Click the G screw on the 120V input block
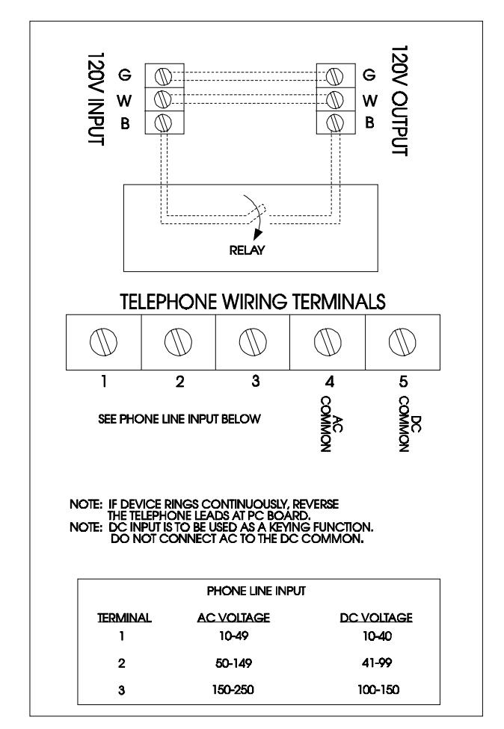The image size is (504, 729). (163, 75)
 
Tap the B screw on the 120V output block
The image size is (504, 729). (334, 123)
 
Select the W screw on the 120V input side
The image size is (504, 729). (163, 99)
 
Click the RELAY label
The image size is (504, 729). (247, 250)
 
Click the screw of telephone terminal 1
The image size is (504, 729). (103, 342)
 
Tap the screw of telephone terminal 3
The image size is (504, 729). (253, 342)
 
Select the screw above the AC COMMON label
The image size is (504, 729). (328, 342)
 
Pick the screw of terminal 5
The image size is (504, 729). (402, 342)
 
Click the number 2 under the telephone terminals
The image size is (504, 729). (179, 382)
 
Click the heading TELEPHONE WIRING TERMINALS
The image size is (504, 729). (253, 302)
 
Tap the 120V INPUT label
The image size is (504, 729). (96, 99)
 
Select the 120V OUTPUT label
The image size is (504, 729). (399, 100)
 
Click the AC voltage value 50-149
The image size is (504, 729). (233, 663)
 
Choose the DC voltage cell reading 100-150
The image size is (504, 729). (378, 689)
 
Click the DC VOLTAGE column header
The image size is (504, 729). (376, 618)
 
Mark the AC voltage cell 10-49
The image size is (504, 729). (233, 636)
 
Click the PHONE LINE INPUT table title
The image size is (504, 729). (256, 591)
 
